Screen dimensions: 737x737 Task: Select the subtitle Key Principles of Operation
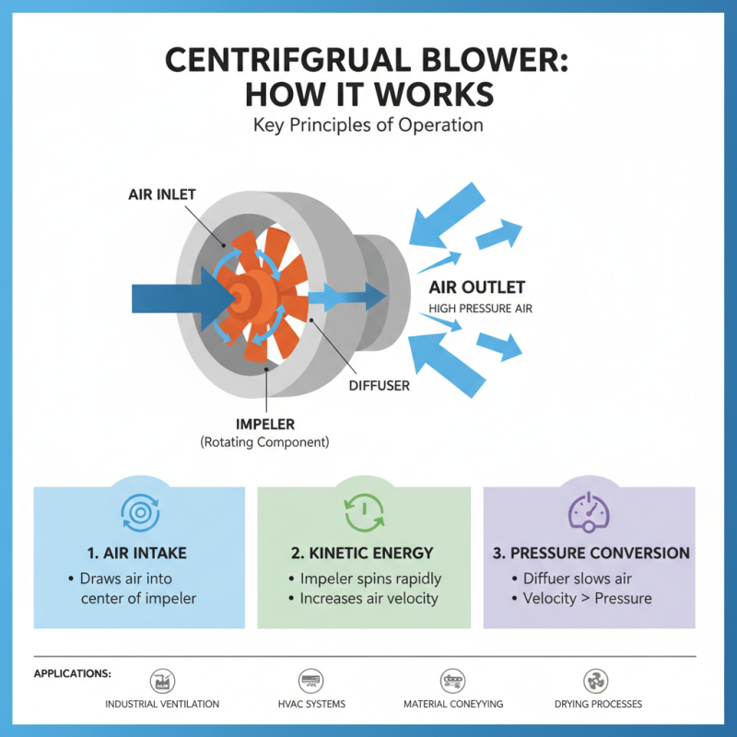pyautogui.click(x=368, y=124)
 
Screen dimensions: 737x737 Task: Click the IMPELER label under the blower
pyautogui.click(x=265, y=426)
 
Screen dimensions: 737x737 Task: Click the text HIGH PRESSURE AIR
pyautogui.click(x=480, y=309)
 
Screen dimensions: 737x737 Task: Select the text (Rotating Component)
pyautogui.click(x=265, y=442)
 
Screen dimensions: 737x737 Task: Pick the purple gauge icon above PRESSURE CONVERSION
pyautogui.click(x=589, y=510)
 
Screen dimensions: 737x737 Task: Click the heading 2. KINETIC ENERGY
pyautogui.click(x=364, y=553)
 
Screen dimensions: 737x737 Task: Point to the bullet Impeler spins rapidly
pyautogui.click(x=369, y=579)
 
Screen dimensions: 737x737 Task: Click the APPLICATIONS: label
pyautogui.click(x=73, y=673)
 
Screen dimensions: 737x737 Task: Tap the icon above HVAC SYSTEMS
pyautogui.click(x=310, y=681)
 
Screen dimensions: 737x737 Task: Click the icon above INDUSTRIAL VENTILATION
pyautogui.click(x=162, y=681)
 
